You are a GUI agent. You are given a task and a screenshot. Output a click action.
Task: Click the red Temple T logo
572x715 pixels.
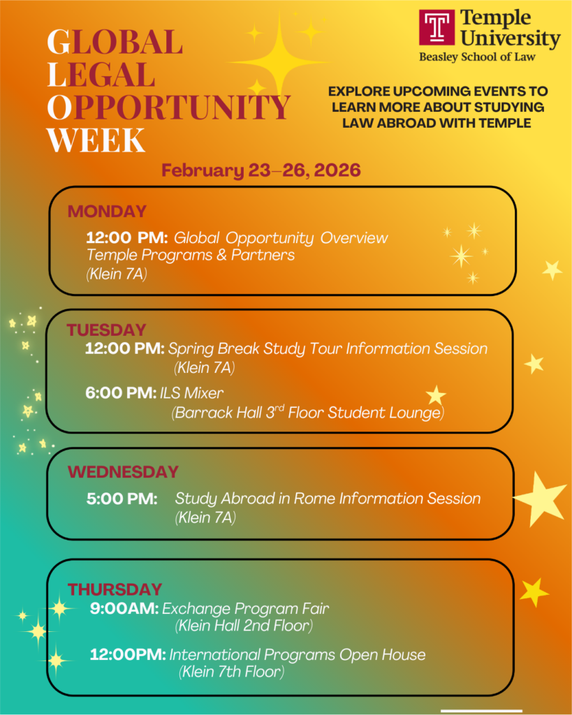438,27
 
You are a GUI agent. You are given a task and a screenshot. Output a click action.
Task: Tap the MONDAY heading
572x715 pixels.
107,212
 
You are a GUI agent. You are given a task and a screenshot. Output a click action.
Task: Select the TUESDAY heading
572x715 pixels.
106,330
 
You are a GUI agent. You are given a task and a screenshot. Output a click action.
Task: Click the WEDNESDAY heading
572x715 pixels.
123,472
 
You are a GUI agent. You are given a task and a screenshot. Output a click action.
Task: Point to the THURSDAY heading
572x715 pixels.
115,589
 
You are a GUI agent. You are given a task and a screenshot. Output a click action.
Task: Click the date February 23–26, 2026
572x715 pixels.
261,170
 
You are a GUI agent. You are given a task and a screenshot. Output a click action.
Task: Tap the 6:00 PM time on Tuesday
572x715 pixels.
120,393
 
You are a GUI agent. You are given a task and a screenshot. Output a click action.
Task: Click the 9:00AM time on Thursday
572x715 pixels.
124,608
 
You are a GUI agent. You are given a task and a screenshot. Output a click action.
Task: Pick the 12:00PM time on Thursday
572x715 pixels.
128,654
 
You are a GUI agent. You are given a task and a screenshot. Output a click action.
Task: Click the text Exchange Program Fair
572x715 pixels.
245,608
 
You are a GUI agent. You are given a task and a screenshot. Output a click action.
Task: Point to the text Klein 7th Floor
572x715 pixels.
232,672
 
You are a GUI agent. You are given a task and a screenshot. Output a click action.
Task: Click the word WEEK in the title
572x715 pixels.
96,140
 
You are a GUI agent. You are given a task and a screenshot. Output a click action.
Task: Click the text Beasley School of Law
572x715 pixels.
477,57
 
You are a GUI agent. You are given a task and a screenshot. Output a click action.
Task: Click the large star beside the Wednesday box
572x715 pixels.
541,498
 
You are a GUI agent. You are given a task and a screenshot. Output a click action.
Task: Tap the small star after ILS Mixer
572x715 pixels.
436,395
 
